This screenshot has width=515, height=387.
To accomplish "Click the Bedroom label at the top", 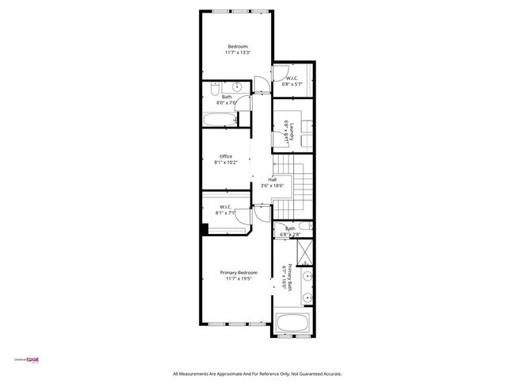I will [x=238, y=47].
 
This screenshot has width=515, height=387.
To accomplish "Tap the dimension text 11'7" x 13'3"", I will [x=238, y=53].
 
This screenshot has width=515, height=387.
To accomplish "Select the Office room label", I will [x=226, y=156].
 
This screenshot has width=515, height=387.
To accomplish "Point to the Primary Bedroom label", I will [x=238, y=273].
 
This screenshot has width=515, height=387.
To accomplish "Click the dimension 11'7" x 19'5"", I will [x=238, y=279].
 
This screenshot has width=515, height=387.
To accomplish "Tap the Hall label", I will [x=273, y=179].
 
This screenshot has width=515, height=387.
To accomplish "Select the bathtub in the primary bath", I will [x=295, y=324].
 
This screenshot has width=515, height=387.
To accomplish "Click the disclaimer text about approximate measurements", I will [x=257, y=374].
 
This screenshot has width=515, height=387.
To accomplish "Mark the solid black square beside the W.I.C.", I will [x=204, y=230].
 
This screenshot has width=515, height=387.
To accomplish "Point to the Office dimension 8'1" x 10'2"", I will [x=226, y=163].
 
